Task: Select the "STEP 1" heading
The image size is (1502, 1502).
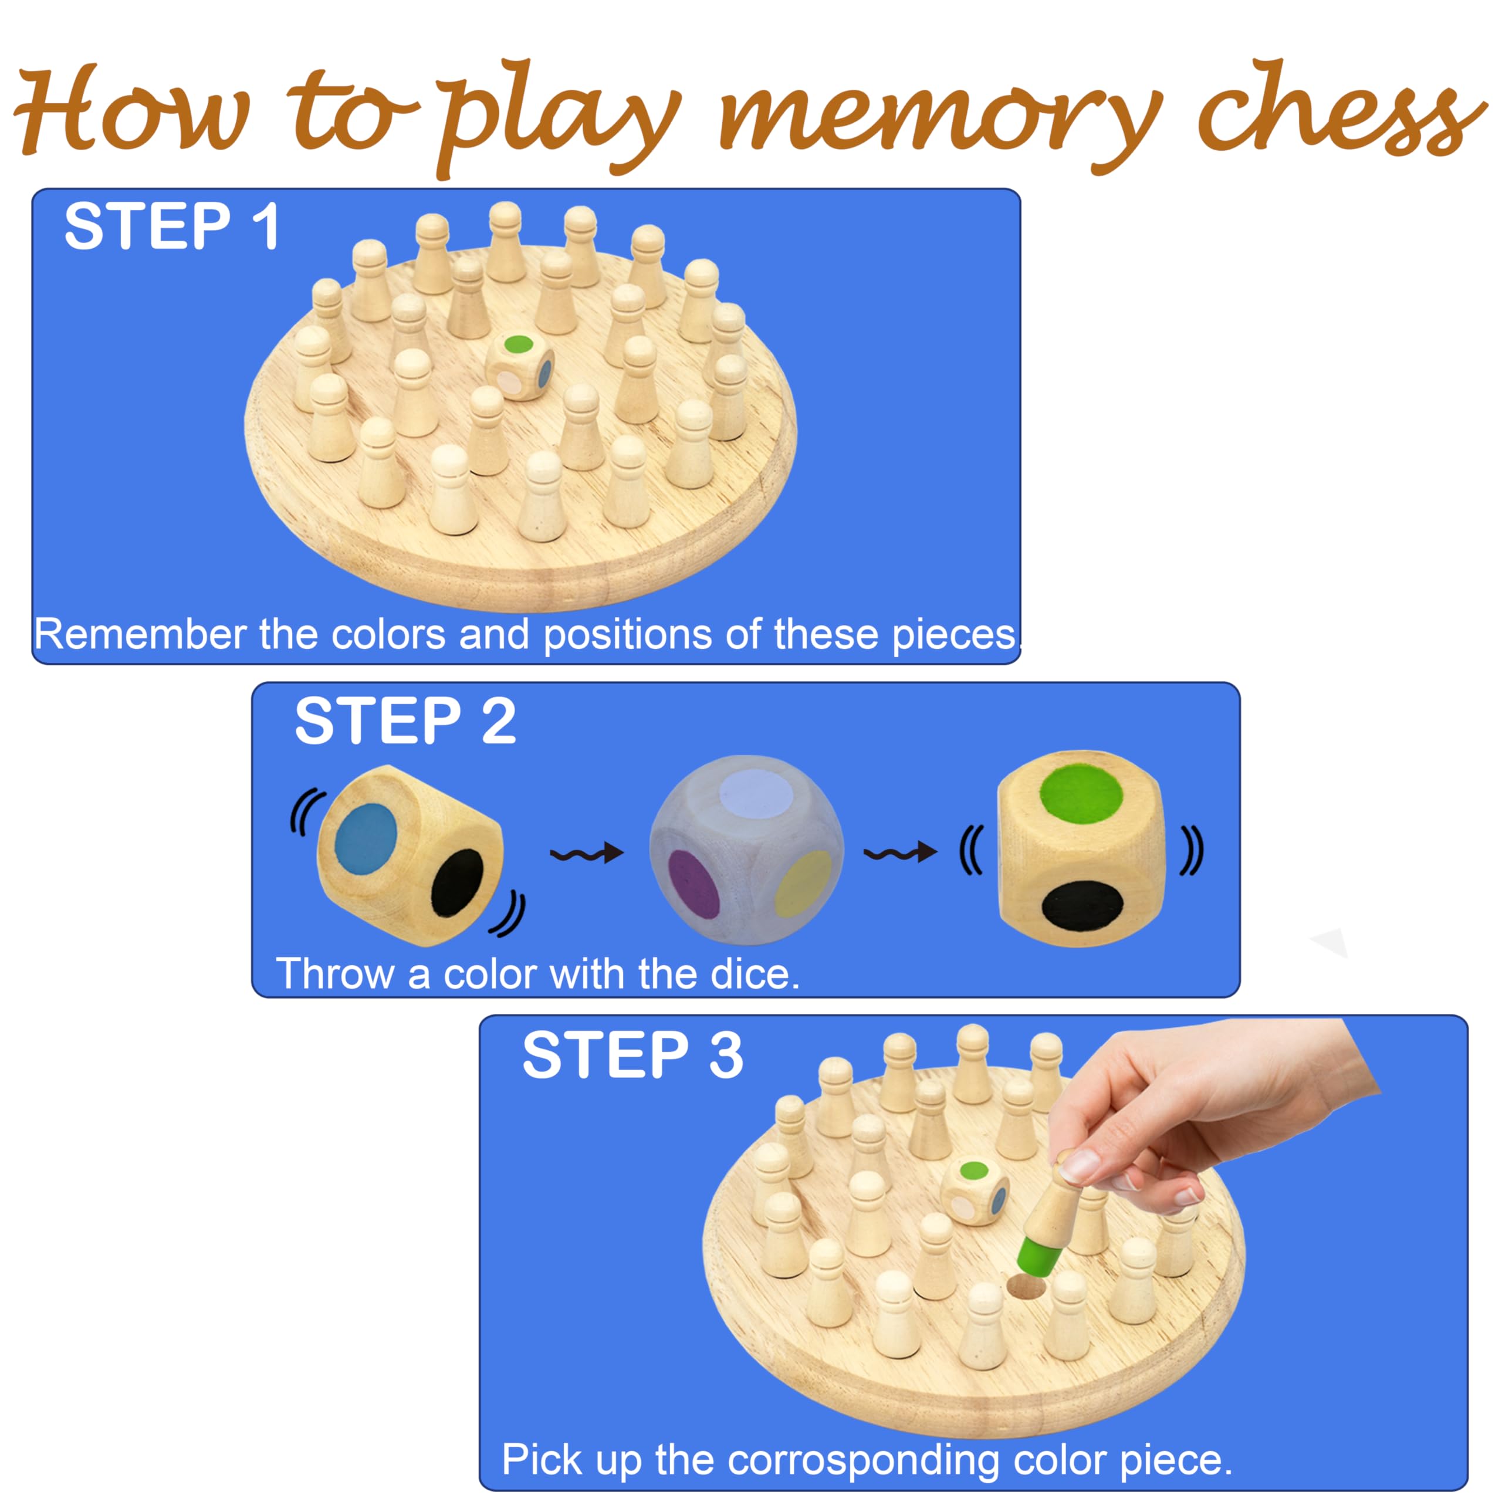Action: tap(172, 226)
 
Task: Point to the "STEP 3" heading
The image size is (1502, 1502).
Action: tap(633, 1055)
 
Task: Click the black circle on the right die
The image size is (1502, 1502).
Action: tap(1082, 906)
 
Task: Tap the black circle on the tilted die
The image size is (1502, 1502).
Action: tap(457, 882)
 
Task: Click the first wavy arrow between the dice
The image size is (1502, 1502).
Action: tap(587, 854)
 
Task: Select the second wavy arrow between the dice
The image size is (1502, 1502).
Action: tap(900, 853)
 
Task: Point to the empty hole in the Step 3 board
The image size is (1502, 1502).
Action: tap(1027, 1286)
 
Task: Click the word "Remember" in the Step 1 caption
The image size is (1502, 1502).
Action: tap(140, 634)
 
